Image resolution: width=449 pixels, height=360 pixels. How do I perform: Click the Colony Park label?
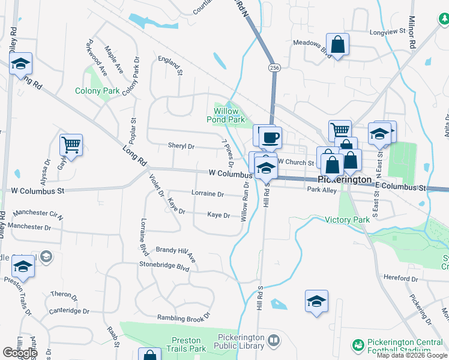click(97, 91)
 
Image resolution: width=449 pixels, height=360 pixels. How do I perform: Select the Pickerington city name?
click(346, 179)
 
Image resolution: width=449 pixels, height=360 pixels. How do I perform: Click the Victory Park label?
click(348, 220)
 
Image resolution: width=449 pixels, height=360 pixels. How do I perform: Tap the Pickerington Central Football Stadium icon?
click(358, 346)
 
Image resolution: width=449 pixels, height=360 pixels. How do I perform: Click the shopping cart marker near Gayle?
click(71, 145)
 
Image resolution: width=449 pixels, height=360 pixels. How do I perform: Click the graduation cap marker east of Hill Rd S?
click(316, 301)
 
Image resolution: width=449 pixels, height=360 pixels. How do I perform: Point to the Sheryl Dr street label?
click(181, 146)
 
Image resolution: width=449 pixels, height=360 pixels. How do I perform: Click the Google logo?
click(20, 353)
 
